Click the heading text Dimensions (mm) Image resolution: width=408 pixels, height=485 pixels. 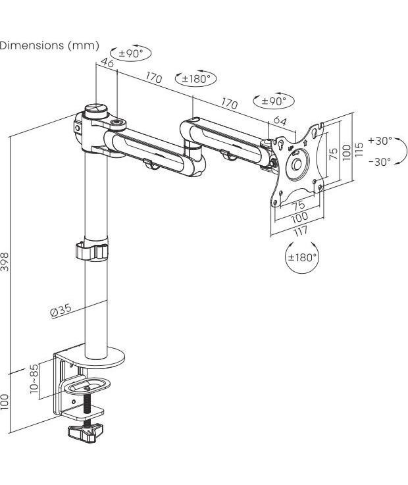(49, 45)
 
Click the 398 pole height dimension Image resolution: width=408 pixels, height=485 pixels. (5, 262)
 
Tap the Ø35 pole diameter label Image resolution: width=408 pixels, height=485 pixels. (61, 310)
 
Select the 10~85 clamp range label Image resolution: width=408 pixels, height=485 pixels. (34, 378)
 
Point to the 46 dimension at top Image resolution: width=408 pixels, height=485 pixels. (107, 62)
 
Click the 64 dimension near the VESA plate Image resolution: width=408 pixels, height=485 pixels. (280, 120)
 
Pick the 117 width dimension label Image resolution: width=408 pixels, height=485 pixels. (300, 231)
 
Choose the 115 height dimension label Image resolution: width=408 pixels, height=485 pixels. (359, 149)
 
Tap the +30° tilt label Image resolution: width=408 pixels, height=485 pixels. (380, 141)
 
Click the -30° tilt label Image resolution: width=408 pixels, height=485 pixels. (380, 161)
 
